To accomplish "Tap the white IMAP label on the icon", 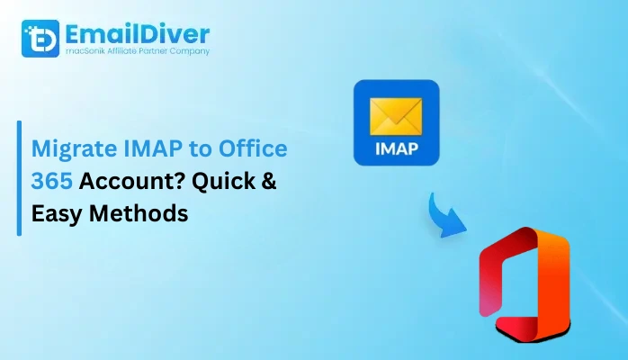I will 396,148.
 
